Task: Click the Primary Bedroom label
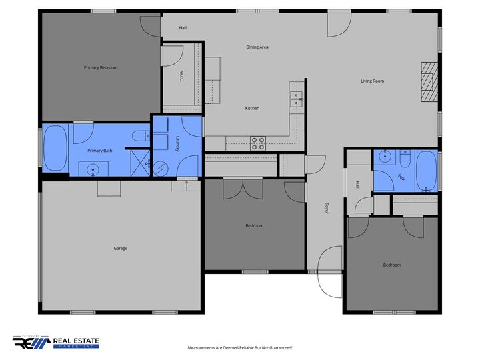[101, 67]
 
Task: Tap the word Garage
[120, 249]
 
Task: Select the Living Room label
[373, 81]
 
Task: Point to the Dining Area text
[257, 47]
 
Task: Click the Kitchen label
[252, 108]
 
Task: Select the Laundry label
[177, 145]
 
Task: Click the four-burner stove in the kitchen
[257, 143]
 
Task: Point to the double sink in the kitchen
[296, 100]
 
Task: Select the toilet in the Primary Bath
[140, 136]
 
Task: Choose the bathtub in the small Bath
[426, 171]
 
